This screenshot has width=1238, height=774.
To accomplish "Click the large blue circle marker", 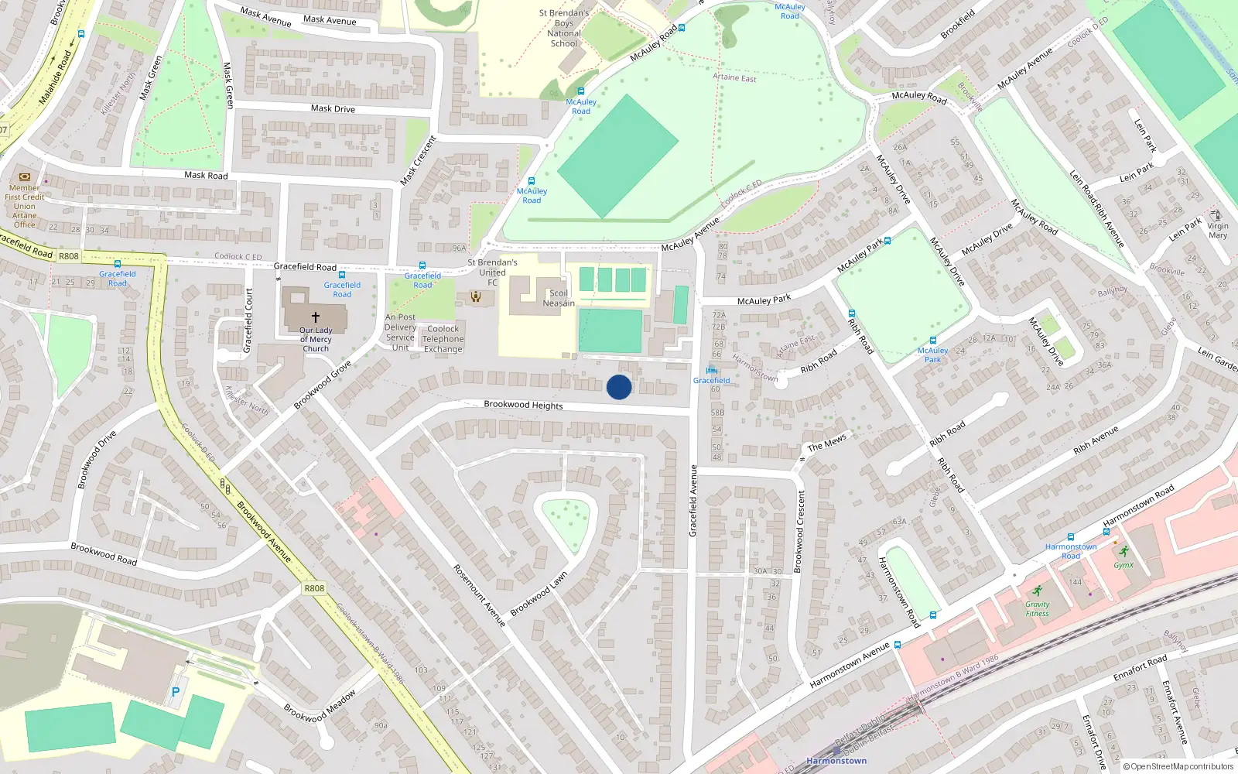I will pos(619,387).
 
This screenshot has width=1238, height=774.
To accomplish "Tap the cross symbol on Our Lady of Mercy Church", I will pos(316,317).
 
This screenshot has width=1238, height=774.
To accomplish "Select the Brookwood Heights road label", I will pos(523,405).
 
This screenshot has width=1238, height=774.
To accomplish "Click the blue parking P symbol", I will pos(176,692).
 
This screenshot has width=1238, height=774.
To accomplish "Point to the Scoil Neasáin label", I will pos(559,298).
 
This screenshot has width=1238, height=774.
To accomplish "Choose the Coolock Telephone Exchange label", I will pos(443,339).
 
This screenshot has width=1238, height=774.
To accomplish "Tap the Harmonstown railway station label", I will pos(836,761).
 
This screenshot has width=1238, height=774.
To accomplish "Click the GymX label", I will pos(1123,565).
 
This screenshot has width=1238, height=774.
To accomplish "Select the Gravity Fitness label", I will pos(1038,609).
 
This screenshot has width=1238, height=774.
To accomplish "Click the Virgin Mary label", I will pos(1218,231).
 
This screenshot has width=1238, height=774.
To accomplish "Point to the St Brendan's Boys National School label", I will pos(564,28).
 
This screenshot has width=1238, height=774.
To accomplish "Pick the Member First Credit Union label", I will pos(24,206).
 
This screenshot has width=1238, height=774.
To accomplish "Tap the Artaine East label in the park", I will pos(734,77).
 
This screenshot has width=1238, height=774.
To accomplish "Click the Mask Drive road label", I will pos(333,108).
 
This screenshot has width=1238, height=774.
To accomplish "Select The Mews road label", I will pos(826,443).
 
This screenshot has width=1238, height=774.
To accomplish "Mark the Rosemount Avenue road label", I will pos(479,595).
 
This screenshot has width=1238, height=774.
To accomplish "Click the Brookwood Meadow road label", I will pos(320,706).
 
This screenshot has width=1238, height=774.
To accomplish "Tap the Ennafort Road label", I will pos(1140,668).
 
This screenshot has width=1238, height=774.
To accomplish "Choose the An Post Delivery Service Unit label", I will pos(400,333).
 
